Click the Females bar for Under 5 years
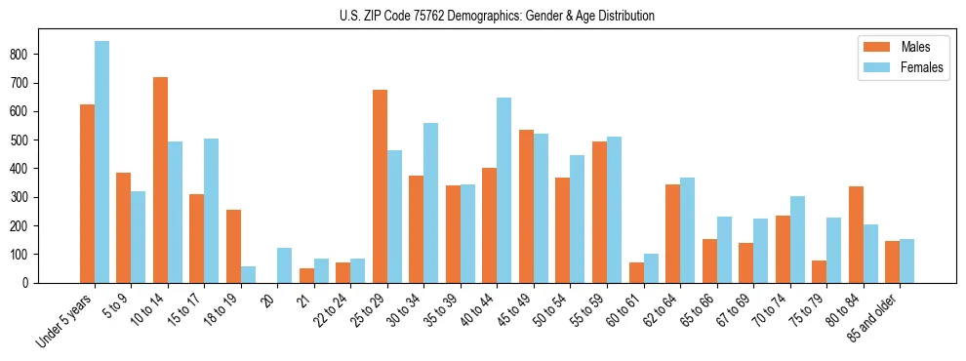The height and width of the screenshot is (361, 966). [x=101, y=162]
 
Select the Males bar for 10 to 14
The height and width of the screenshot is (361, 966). [x=160, y=180]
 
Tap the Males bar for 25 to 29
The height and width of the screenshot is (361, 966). [x=380, y=186]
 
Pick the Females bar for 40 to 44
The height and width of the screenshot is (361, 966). [x=504, y=190]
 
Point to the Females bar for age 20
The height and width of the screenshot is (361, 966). [x=285, y=265]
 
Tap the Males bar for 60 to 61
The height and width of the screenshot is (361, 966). [x=636, y=272]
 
